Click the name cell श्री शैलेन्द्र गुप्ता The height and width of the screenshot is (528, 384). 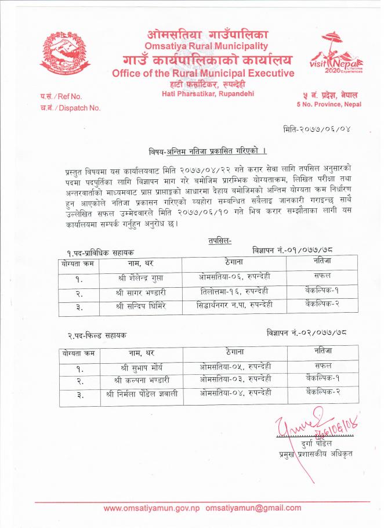click(x=141, y=277)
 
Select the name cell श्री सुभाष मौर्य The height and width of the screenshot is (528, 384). click(x=141, y=367)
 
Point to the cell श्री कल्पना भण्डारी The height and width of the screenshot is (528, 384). click(x=141, y=381)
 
